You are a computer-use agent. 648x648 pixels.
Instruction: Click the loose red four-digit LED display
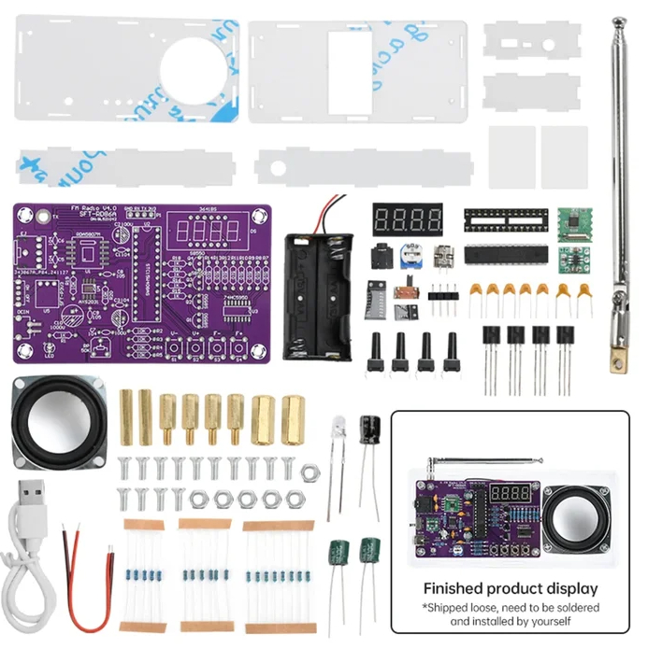pyautogui.click(x=407, y=221)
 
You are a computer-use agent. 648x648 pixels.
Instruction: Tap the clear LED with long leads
pyautogui.click(x=338, y=432)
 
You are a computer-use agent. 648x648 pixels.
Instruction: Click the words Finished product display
pyautogui.click(x=510, y=589)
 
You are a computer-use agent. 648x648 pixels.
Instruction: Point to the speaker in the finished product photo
pyautogui.click(x=569, y=519)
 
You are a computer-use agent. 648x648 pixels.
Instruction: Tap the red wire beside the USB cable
pyautogui.click(x=84, y=579)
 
